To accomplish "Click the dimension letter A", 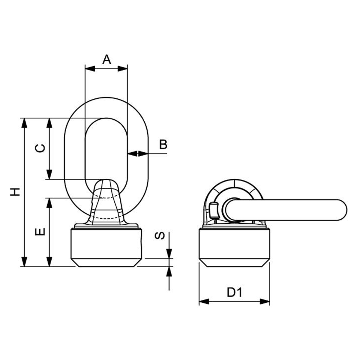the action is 107,59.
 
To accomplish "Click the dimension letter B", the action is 163,144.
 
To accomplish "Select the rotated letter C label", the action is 40,148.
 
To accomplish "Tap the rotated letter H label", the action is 15,192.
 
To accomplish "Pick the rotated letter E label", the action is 40,232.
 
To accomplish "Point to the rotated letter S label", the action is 160,236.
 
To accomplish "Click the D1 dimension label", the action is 235,292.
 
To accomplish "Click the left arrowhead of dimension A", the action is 90,69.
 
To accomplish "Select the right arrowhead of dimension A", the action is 123,69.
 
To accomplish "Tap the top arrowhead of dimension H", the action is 24,123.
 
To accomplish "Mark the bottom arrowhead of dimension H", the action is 24,262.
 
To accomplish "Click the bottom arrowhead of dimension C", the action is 49,175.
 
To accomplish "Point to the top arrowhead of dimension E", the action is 49,203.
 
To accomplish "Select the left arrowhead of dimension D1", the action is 204,301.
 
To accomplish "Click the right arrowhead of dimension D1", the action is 265,301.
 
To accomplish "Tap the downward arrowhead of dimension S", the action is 169,254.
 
